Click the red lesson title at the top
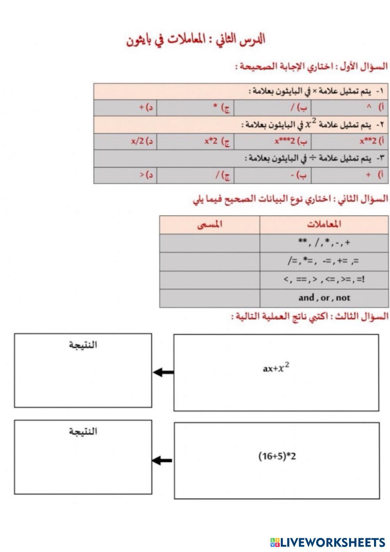pyautogui.click(x=195, y=40)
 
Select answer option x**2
pyautogui.click(x=368, y=141)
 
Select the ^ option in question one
pyautogui.click(x=369, y=106)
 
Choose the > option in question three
pyautogui.click(x=142, y=175)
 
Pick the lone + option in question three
pyautogui.click(x=368, y=175)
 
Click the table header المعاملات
pyautogui.click(x=324, y=224)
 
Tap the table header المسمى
pyautogui.click(x=209, y=224)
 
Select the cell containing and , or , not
pyautogui.click(x=324, y=298)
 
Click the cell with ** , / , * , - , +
pyautogui.click(x=324, y=243)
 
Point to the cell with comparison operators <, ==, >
pyautogui.click(x=324, y=280)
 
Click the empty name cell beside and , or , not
pyautogui.click(x=209, y=298)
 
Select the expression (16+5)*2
pyautogui.click(x=277, y=456)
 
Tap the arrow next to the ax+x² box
pyautogui.click(x=163, y=373)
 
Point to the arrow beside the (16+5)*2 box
pyautogui.click(x=162, y=461)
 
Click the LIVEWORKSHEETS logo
pyautogui.click(x=328, y=542)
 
